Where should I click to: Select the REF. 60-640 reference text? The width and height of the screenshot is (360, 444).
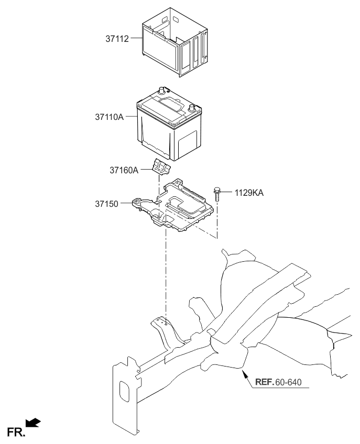click(x=279, y=382)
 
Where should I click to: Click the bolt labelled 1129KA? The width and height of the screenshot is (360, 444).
click(x=217, y=195)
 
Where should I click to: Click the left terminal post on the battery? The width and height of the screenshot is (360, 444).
click(x=162, y=91)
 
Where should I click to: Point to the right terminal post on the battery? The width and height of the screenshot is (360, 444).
click(x=193, y=108)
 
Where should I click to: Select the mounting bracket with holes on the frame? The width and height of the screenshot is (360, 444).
click(x=162, y=327)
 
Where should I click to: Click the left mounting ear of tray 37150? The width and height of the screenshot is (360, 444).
click(x=138, y=203)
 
